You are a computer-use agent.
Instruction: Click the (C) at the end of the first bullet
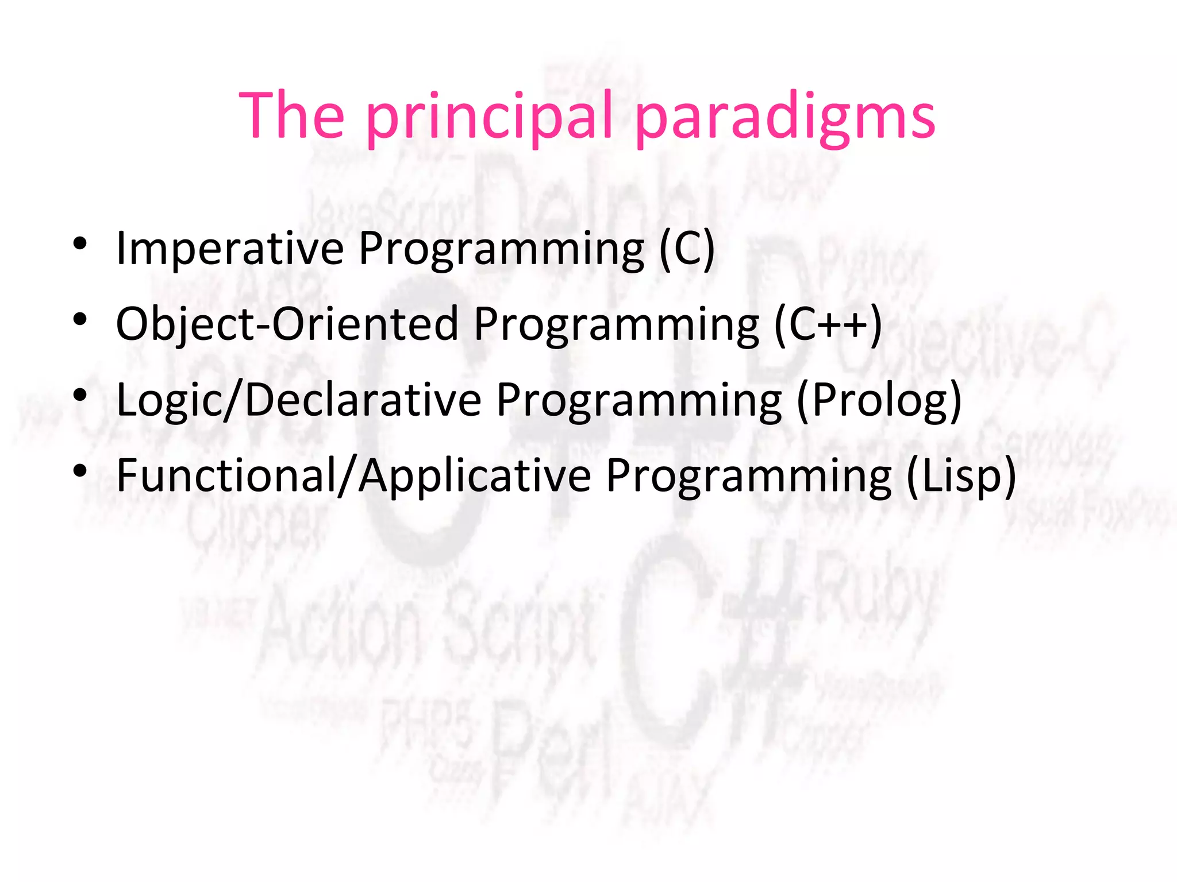(x=686, y=249)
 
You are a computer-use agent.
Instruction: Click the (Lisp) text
(x=961, y=476)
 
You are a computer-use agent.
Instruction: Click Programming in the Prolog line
(x=638, y=400)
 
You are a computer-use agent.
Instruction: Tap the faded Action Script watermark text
(x=425, y=632)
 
